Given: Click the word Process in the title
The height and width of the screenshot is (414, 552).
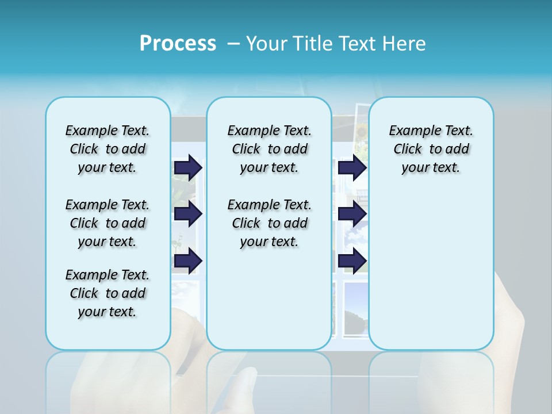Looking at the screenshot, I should [178, 44].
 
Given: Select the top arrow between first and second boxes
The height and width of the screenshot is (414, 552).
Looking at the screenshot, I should [188, 167].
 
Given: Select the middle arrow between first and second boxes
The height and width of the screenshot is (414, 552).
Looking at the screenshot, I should [188, 214].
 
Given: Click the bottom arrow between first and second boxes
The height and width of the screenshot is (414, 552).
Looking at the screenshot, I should [188, 260].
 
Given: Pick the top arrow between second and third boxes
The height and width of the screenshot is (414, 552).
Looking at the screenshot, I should [352, 167].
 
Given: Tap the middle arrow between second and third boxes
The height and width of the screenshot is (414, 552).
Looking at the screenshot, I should [352, 214].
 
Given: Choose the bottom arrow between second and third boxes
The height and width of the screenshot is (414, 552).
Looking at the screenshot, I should [352, 260].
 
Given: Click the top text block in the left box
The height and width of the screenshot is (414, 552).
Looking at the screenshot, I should [108, 149].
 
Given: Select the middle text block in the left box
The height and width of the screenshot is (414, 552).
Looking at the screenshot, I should [108, 223].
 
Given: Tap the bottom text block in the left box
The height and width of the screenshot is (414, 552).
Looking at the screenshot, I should [108, 293].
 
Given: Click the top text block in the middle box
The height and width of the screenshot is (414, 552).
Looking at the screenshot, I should [269, 149].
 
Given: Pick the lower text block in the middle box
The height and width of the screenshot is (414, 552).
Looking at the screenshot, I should [269, 223].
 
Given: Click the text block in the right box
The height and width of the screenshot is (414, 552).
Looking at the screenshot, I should [431, 149].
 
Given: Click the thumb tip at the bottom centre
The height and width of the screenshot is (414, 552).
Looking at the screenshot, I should [248, 379].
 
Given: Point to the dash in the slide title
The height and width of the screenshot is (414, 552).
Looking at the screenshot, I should [233, 44].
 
